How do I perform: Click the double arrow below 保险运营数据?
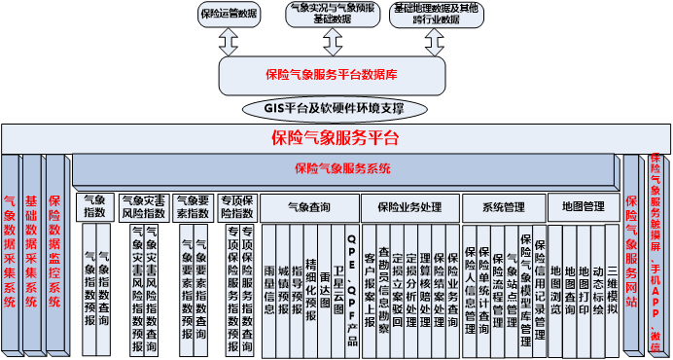coord(229,42)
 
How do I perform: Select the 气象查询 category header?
coord(308,206)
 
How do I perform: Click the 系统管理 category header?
coord(503,206)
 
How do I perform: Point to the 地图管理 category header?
coord(584,206)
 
